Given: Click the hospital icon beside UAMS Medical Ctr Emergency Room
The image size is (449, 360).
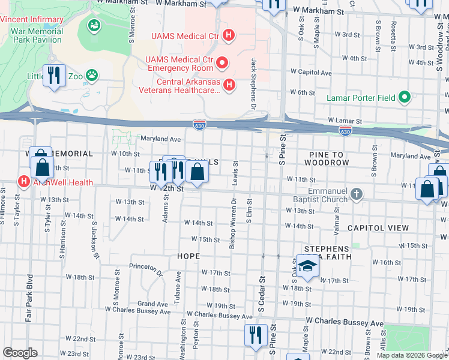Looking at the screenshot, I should (x=222, y=62).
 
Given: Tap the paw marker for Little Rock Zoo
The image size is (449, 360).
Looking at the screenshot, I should (x=91, y=76).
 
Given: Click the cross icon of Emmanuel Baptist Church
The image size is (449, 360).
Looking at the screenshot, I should (x=357, y=193).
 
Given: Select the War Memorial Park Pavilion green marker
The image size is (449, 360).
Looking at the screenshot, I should (x=94, y=25).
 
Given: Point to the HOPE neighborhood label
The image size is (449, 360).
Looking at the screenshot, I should (x=188, y=256).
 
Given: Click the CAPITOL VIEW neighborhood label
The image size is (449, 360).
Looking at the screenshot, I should (x=378, y=228).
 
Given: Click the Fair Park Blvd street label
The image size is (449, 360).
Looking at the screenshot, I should (x=28, y=298).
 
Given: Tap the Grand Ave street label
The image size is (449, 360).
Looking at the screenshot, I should (x=152, y=304).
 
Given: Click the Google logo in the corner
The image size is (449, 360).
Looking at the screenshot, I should (x=20, y=353).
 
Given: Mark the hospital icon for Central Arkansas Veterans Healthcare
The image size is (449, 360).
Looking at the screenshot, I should (x=229, y=86).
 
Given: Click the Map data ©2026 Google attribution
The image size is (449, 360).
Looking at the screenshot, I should (x=411, y=355).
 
